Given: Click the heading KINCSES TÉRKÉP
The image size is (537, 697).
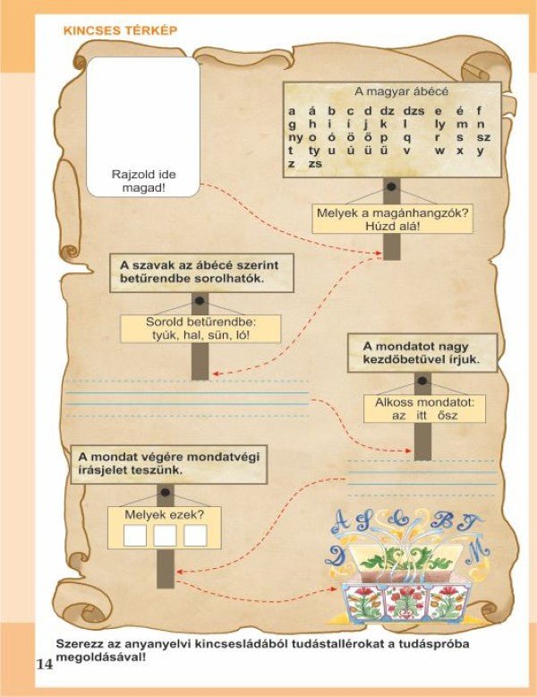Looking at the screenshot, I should tap(120, 30).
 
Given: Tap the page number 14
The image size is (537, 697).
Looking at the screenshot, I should tap(44, 664).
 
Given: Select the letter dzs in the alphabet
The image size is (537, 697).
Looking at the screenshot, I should tap(413, 111).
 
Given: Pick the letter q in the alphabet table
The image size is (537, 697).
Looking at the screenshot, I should tap(408, 138).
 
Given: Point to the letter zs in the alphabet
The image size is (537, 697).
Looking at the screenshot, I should tap(314, 165).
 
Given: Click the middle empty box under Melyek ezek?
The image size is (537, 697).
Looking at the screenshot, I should tap(165, 536).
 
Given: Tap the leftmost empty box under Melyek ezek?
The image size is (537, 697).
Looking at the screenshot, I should tap(134, 536).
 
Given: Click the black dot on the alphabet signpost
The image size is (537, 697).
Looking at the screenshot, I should tap(391, 192).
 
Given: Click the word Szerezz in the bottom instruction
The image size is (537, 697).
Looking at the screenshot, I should tap(79, 644).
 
